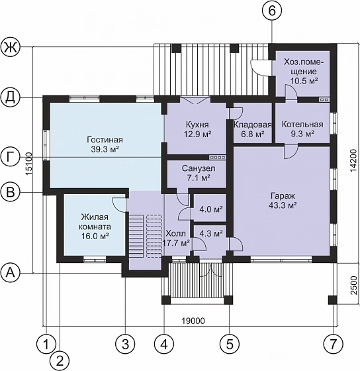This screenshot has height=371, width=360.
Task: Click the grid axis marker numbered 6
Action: pyautogui.click(x=272, y=11)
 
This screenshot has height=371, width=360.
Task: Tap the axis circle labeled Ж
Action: pyautogui.click(x=11, y=47)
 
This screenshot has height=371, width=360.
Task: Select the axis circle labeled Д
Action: pyautogui.click(x=11, y=98)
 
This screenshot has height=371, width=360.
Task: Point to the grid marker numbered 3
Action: pyautogui.click(x=125, y=344)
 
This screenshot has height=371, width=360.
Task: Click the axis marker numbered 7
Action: pyautogui.click(x=333, y=344)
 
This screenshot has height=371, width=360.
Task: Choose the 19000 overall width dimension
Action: pyautogui.click(x=193, y=321)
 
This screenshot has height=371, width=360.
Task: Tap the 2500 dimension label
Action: pyautogui.click(x=353, y=286)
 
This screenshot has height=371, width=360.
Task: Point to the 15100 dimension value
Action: pyautogui.click(x=28, y=164)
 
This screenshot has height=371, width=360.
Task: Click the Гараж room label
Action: pyautogui.click(x=283, y=196)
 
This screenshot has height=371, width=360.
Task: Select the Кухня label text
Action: pyautogui.click(x=197, y=125)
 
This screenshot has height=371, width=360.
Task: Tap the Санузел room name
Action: pyautogui.click(x=199, y=168)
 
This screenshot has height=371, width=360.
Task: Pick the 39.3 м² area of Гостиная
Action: pyautogui.click(x=105, y=149)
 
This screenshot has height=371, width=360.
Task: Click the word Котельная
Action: pyautogui.click(x=302, y=125)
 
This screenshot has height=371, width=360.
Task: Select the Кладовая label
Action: pyautogui.click(x=252, y=125)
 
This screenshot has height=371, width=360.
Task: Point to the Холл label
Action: pyautogui.click(x=175, y=233)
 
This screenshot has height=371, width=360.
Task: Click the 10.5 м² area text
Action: pyautogui.click(x=304, y=81)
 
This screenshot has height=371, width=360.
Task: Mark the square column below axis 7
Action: pyautogui.click(x=332, y=300)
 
